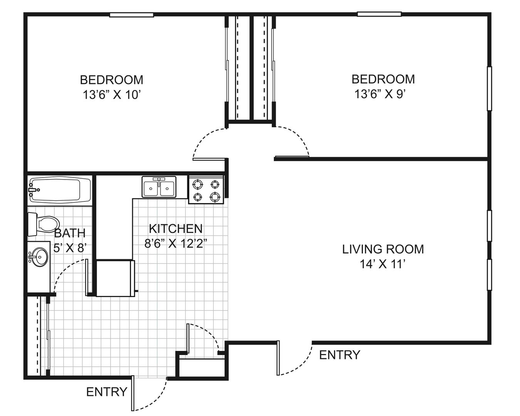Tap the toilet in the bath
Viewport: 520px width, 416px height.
coord(44,224)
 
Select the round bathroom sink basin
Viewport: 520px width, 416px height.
coord(40,257)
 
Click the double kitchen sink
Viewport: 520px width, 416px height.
coord(159,186)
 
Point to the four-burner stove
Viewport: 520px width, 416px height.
coord(206,189)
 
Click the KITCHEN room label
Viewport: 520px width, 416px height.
coord(176,229)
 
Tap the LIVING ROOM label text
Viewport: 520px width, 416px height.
coord(383,249)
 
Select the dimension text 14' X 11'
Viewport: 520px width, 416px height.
coord(382,264)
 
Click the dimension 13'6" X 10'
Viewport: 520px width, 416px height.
coord(112,94)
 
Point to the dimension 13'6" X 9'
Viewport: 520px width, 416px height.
coord(380,94)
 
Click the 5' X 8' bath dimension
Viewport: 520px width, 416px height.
coord(70,248)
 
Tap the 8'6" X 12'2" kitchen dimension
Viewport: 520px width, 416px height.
coord(176,243)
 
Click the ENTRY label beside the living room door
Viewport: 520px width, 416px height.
coord(340,355)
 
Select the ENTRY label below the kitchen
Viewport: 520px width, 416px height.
coord(107,392)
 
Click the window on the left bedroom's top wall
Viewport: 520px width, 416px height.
coord(132,15)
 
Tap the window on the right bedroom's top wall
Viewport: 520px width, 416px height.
coord(379,14)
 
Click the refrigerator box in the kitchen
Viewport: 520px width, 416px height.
coord(115,278)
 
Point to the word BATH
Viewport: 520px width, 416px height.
coord(70,233)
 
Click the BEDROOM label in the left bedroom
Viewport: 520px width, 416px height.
coord(112,80)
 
